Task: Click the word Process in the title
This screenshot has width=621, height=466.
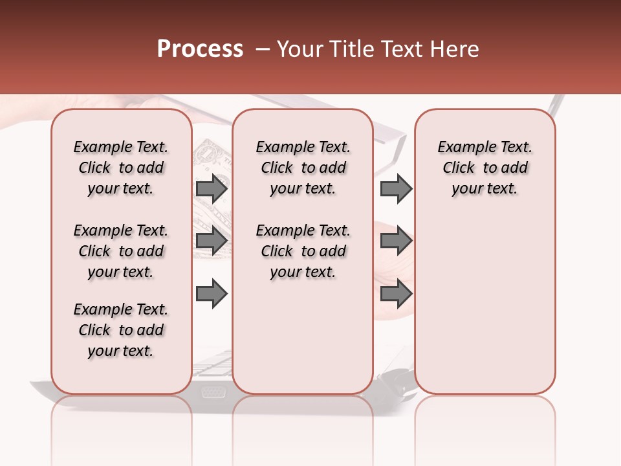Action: [200, 49]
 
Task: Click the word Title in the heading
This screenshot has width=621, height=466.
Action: [348, 49]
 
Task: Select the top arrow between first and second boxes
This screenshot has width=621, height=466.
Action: [212, 188]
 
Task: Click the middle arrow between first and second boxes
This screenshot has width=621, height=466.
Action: [212, 241]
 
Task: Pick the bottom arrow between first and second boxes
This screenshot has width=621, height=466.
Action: [212, 294]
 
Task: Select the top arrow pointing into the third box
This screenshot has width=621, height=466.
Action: [396, 188]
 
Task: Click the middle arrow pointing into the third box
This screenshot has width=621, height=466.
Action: [396, 241]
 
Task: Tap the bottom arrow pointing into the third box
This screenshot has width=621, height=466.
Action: [396, 294]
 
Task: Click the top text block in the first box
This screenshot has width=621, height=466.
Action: [121, 168]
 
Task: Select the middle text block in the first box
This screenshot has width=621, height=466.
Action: [121, 251]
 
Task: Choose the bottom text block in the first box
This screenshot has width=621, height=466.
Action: [121, 330]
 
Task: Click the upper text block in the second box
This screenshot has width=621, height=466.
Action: [303, 168]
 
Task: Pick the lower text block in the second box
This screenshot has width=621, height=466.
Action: [303, 251]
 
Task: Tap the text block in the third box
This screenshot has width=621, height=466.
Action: [485, 168]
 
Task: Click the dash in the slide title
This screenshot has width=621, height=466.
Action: [262, 49]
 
